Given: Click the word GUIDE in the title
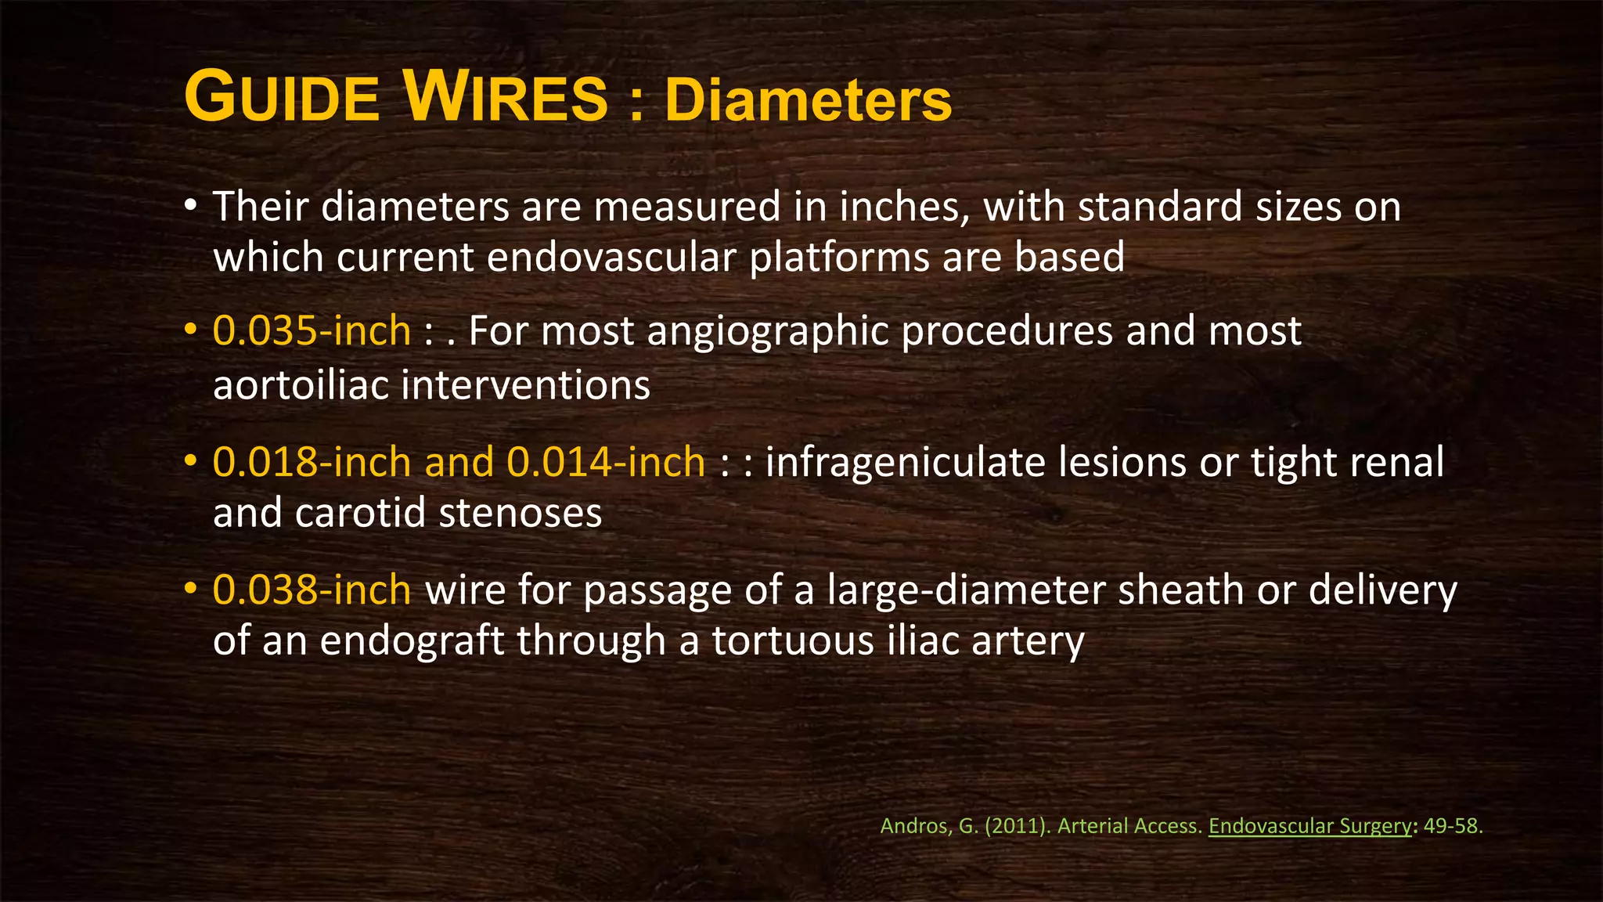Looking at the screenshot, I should [282, 99].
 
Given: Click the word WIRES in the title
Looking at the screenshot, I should [506, 99].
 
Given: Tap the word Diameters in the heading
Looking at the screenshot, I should [808, 102].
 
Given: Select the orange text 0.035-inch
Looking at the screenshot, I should [312, 331].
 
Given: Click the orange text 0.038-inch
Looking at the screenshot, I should [312, 590].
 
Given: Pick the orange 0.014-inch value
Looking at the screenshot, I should [606, 462].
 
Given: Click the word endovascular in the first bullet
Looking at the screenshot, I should [611, 258].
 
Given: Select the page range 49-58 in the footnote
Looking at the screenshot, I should [1452, 826].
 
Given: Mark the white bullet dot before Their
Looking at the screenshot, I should [190, 207].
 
